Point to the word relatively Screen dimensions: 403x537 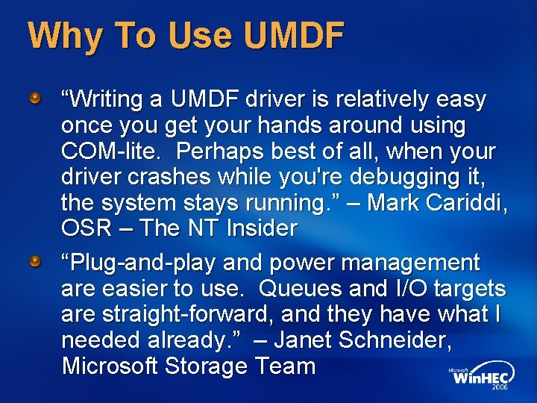tap(382, 99)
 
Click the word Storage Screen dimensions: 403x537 tap(210, 366)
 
